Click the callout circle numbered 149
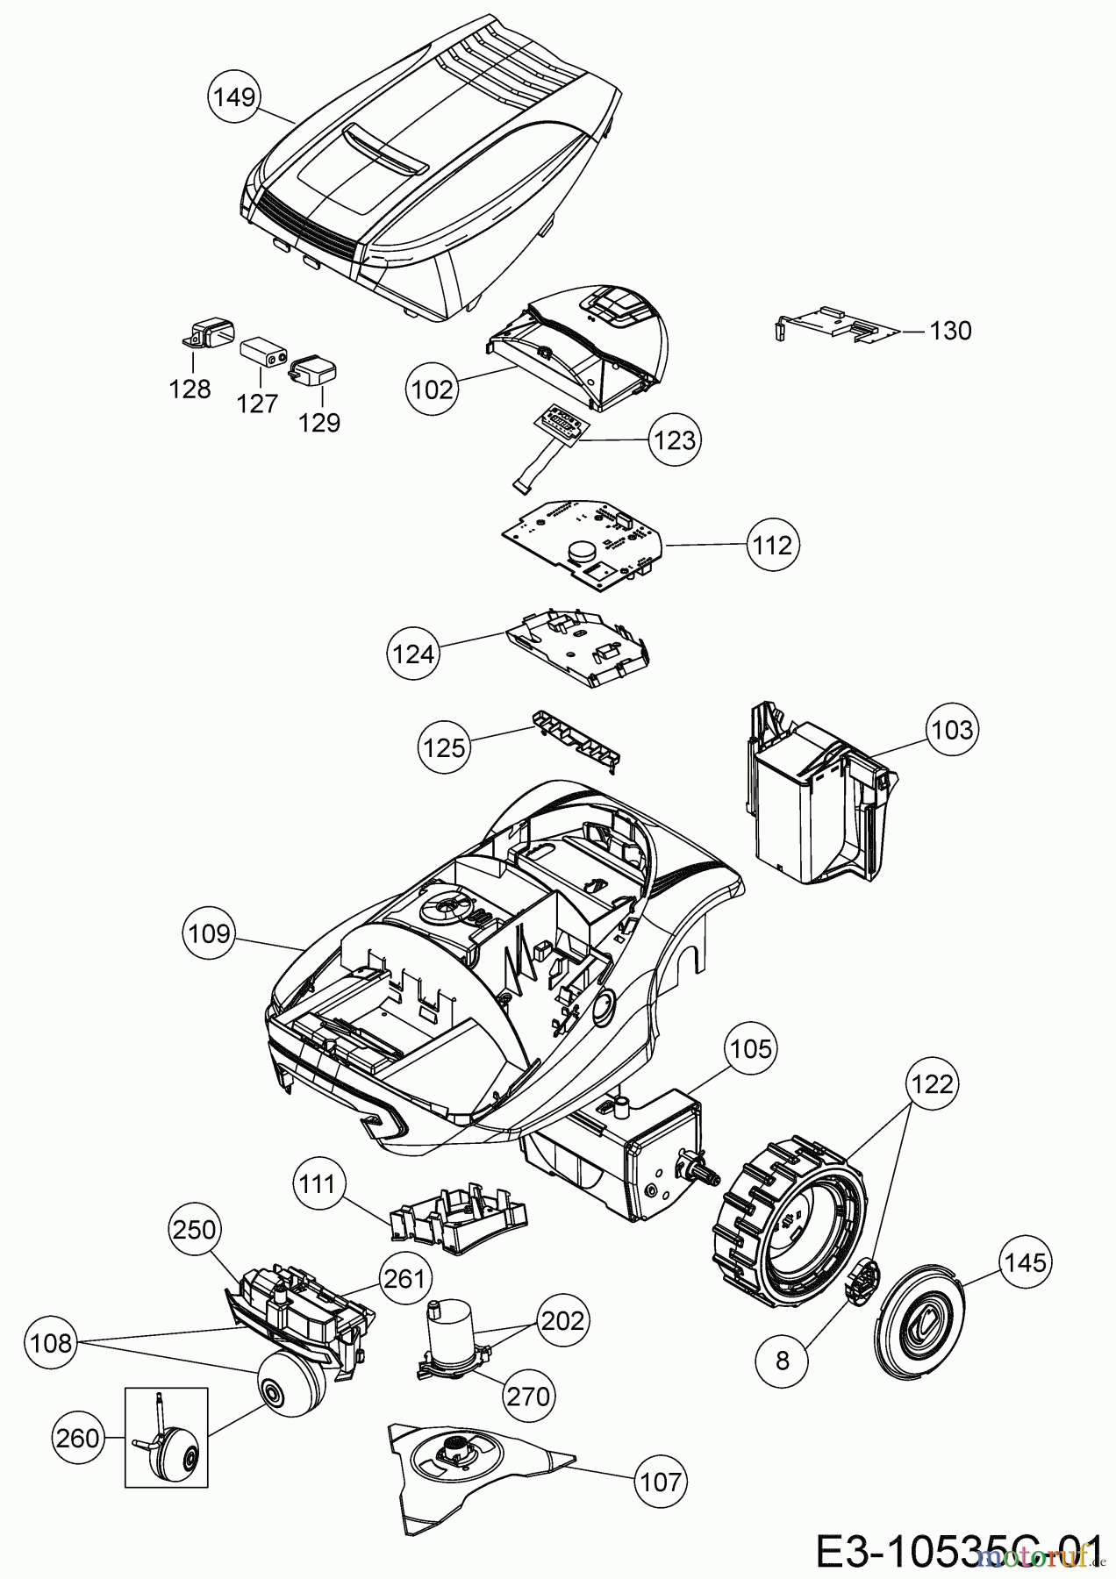[234, 96]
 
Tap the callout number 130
[950, 331]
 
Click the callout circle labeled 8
[783, 1360]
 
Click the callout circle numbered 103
[953, 729]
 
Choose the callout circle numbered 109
[209, 933]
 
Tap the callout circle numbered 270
[528, 1395]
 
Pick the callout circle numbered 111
[317, 1185]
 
